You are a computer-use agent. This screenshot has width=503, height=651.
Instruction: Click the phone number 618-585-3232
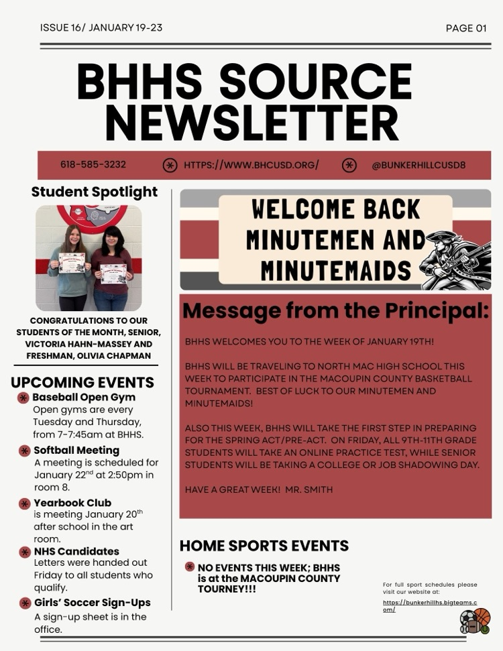pos(93,164)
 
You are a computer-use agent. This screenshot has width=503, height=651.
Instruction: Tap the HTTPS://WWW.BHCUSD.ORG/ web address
pos(251,165)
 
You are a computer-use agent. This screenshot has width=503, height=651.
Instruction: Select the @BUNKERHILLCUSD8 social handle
pos(418,165)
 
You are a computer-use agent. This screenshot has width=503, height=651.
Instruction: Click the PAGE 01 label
pos(465,28)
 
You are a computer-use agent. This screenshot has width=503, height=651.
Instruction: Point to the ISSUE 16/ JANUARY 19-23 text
pos(101,27)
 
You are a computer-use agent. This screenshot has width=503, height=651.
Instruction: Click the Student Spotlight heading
pos(95,192)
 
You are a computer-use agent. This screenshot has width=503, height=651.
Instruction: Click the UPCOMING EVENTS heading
pos(82,383)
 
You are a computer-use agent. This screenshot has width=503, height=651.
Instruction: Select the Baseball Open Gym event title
pos(84,397)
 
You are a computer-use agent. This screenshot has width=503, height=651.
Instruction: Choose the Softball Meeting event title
pos(76,450)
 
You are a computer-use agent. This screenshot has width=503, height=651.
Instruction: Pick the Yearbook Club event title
pos(72,502)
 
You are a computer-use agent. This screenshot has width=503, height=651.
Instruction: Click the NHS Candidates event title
pos(76,551)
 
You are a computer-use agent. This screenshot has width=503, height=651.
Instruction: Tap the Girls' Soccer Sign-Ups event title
pos(93,602)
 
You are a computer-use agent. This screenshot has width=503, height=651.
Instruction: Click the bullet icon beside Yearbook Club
pos(24,503)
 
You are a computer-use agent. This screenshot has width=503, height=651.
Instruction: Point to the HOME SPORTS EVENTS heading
pos(264,545)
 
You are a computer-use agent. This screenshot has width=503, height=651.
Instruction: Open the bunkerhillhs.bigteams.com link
pos(429,606)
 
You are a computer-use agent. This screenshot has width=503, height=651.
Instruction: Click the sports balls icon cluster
pos(475,622)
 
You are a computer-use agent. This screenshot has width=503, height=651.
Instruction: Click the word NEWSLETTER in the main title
pos(251,123)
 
